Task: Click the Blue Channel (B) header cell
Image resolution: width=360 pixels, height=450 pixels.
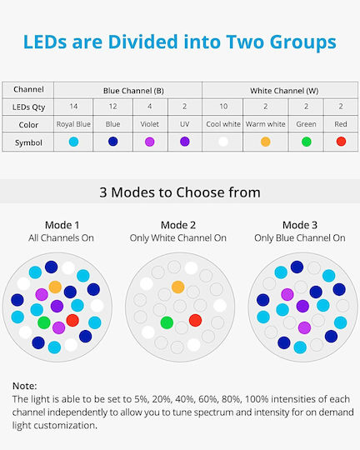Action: (127, 90)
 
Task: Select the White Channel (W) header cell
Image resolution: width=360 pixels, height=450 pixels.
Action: (280, 90)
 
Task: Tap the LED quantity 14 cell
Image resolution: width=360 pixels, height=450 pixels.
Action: (73, 107)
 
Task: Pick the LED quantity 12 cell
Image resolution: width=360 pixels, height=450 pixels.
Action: (112, 107)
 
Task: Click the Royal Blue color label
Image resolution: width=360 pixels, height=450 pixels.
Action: (73, 124)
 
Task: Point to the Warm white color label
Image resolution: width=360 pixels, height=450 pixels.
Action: (266, 124)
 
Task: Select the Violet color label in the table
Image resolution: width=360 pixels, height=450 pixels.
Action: (149, 124)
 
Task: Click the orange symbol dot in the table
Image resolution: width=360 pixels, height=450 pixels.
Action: (266, 142)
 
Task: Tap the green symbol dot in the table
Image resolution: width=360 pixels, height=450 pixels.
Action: (307, 142)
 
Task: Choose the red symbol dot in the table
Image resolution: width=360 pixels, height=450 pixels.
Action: (341, 141)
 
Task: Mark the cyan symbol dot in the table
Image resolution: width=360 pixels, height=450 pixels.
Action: (73, 142)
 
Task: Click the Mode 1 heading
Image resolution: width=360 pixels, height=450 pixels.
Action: (62, 225)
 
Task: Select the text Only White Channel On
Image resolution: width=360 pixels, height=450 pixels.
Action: (178, 237)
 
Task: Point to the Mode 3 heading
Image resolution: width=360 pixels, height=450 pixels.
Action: (300, 225)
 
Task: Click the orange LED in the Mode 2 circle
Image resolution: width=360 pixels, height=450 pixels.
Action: (178, 287)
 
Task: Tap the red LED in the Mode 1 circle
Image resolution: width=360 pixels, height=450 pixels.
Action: (72, 320)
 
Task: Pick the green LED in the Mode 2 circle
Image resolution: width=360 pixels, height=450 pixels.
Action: (167, 322)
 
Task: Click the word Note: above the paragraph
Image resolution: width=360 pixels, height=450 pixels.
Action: (25, 386)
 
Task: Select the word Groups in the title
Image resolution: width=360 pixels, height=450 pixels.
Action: (302, 42)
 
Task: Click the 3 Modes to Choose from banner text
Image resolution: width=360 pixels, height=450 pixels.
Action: (180, 192)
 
